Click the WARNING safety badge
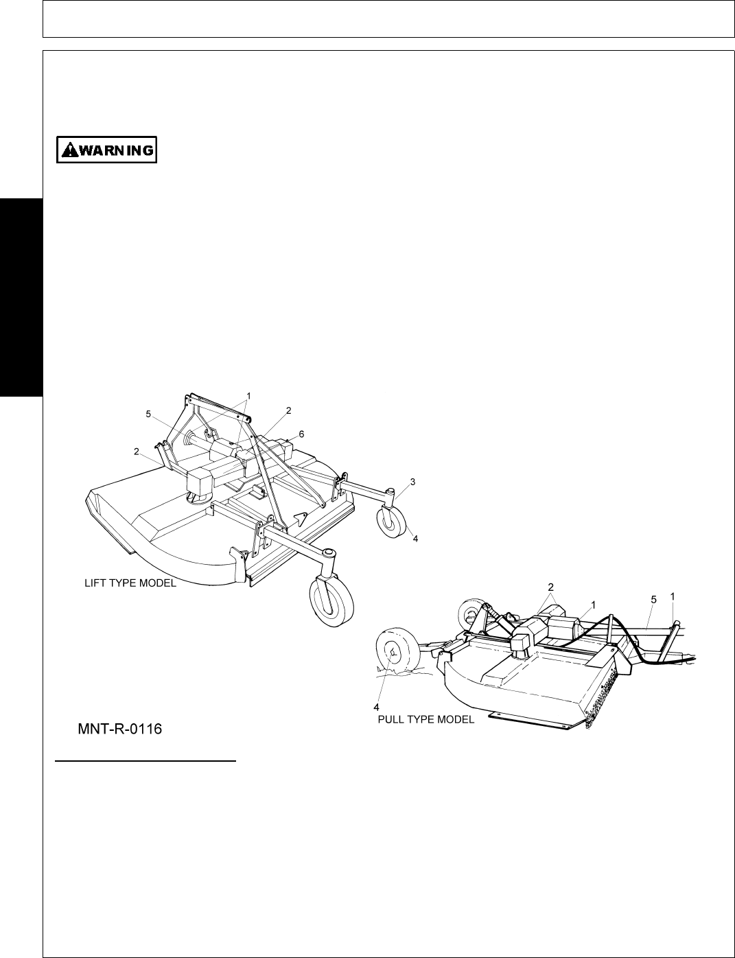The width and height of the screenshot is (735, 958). point(106,150)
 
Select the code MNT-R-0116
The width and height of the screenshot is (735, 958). point(120,729)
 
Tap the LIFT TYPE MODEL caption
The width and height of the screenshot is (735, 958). point(130,583)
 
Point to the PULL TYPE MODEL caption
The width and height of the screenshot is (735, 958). point(425,720)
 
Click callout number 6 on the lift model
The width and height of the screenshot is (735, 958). point(301,434)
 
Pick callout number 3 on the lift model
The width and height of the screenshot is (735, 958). point(413,482)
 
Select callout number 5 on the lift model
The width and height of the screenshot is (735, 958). point(148,414)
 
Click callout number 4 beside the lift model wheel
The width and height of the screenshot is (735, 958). point(415,539)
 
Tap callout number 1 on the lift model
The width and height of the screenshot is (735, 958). point(248,395)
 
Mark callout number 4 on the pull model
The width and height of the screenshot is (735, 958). point(376,706)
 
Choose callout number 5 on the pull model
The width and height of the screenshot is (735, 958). point(654,599)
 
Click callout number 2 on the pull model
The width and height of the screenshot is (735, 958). point(550,587)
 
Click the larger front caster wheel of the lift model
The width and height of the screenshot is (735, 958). point(331,600)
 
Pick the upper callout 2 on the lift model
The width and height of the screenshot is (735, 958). point(289,410)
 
